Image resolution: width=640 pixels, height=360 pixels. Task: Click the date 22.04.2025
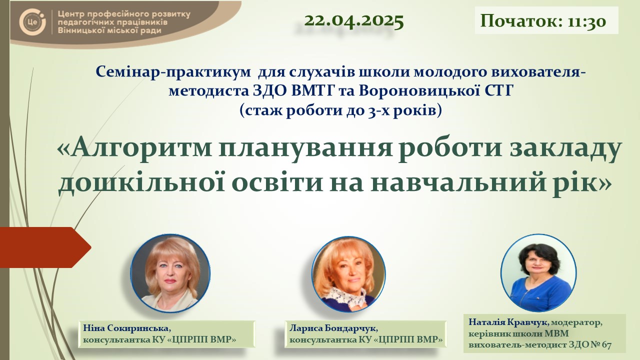(353, 21)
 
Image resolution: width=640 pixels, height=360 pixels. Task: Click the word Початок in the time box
(521, 21)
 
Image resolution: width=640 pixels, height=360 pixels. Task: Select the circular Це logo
(32, 21)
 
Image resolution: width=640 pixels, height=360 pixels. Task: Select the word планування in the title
(305, 149)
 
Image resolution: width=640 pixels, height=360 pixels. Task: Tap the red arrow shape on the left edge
(45, 247)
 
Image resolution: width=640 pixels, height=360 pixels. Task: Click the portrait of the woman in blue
(538, 273)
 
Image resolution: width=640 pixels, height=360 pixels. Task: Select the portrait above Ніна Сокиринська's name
(170, 273)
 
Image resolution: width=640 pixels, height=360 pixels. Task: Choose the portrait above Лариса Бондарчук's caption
(348, 273)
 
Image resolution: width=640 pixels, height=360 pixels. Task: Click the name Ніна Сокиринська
(127, 328)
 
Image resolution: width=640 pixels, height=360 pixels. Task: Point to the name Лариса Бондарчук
(333, 328)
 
